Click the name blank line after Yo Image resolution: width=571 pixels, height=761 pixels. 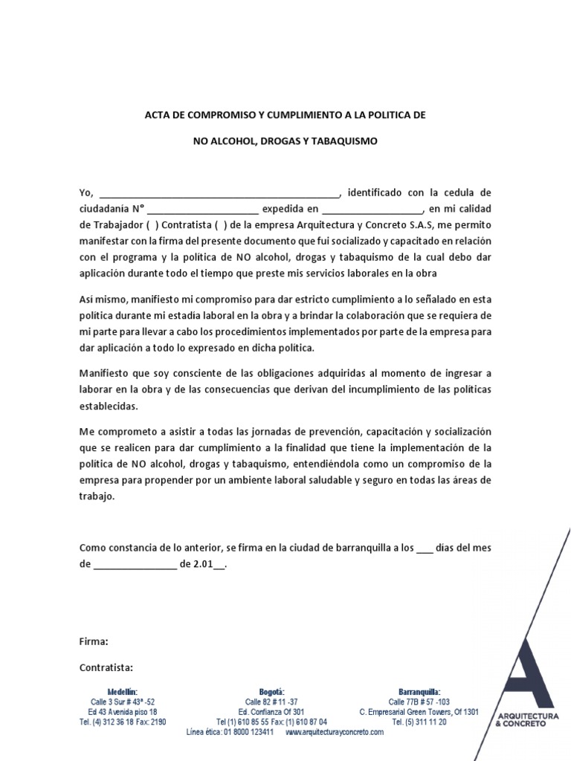(x=219, y=193)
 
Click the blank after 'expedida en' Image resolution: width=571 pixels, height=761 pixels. (x=372, y=210)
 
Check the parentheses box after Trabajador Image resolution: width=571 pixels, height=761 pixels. (x=152, y=225)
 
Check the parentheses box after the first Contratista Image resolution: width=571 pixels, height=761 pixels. (x=221, y=225)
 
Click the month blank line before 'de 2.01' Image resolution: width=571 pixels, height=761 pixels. (x=135, y=565)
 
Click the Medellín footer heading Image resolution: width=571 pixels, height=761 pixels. (x=122, y=691)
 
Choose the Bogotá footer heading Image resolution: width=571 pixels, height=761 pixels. (x=271, y=691)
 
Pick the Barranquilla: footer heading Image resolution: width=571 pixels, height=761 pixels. (x=419, y=691)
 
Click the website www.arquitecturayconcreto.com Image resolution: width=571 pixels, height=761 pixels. (x=335, y=732)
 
